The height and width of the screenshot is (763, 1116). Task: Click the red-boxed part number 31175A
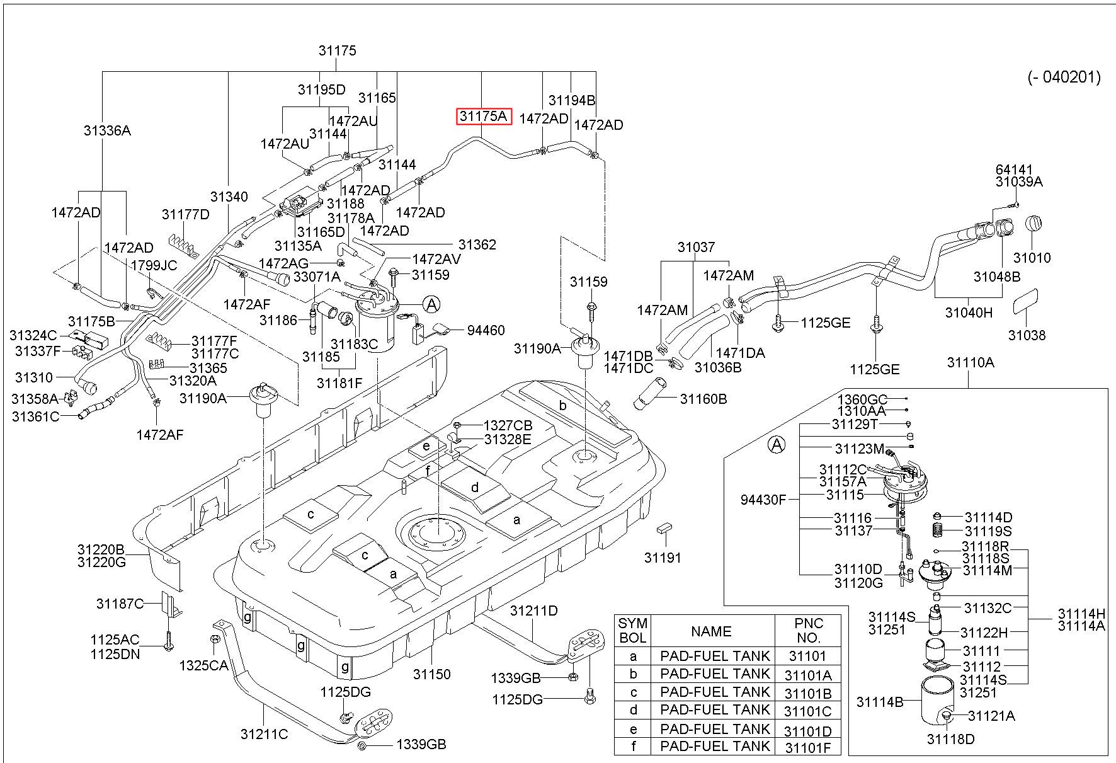484,117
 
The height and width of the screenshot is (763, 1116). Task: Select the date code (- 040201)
1064,77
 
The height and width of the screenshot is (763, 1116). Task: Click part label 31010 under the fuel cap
1032,257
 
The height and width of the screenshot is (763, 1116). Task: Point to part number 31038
1027,335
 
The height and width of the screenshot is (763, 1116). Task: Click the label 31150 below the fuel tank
432,674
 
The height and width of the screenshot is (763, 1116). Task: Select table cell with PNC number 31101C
808,711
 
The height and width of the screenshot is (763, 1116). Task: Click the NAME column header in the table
711,631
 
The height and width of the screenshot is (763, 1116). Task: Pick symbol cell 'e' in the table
633,730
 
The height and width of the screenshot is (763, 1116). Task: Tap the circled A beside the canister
431,305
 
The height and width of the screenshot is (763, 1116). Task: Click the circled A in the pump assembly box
778,445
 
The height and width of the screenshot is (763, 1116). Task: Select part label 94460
486,330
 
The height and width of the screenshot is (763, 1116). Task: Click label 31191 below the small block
663,558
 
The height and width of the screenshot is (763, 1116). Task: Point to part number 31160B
703,399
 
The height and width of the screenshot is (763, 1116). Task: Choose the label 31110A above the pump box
971,362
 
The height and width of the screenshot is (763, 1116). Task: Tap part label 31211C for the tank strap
264,734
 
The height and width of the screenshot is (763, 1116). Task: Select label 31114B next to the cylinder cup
880,702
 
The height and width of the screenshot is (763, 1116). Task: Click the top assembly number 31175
338,50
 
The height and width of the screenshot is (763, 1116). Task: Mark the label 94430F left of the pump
763,500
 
